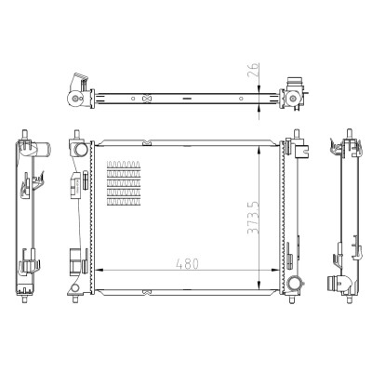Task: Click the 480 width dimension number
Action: pyautogui.click(x=187, y=264)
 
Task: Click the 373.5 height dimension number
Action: pyautogui.click(x=253, y=218)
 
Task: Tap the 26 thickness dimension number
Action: pyautogui.click(x=253, y=71)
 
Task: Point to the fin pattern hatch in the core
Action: pyautogui.click(x=124, y=183)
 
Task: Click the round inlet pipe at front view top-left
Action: pyautogui.click(x=81, y=150)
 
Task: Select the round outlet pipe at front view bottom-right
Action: pyautogui.click(x=293, y=283)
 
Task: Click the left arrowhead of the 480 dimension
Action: pyautogui.click(x=99, y=271)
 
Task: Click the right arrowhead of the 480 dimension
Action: pyautogui.click(x=275, y=271)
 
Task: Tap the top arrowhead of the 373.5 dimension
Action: pyautogui.click(x=259, y=150)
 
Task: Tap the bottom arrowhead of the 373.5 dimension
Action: pyautogui.click(x=259, y=286)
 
